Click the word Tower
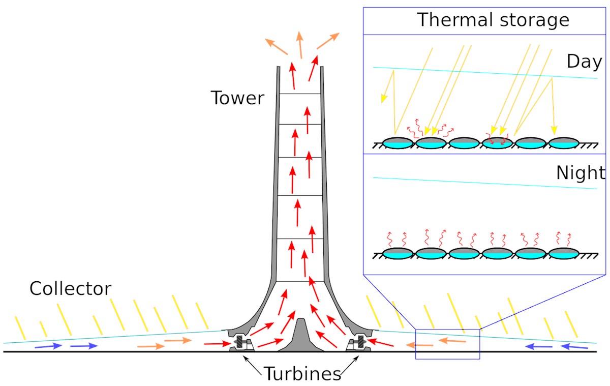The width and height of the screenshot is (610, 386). click(x=237, y=98)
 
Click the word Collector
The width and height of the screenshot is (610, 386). click(x=70, y=289)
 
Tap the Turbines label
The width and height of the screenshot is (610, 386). click(x=302, y=374)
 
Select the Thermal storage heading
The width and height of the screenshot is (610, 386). click(x=493, y=20)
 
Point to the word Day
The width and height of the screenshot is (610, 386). click(x=584, y=62)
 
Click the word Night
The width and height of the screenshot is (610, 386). click(x=580, y=173)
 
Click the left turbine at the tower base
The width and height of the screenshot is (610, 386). click(x=240, y=343)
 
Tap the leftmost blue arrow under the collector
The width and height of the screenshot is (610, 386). click(x=49, y=346)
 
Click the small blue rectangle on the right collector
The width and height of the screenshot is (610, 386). click(x=447, y=344)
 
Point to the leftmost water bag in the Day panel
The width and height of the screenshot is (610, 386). click(x=398, y=143)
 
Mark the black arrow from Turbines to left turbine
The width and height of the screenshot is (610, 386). click(x=254, y=365)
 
